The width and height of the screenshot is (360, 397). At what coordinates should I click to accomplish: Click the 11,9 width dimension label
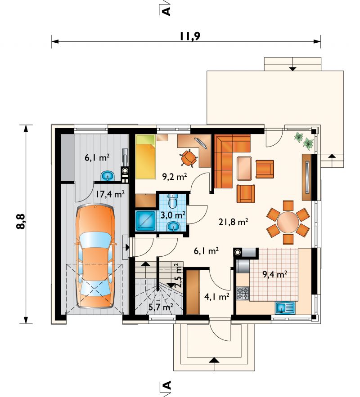click(x=190, y=36)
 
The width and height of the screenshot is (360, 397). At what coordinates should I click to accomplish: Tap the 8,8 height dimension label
click(x=21, y=222)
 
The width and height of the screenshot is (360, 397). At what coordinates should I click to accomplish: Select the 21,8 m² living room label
click(x=233, y=222)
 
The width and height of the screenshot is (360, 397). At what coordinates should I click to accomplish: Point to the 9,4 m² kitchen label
click(x=274, y=274)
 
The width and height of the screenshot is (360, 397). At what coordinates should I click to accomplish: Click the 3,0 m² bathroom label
click(x=173, y=215)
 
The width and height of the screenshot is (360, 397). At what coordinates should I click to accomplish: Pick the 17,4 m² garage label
click(x=110, y=194)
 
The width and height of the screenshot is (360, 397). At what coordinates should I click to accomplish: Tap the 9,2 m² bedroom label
click(x=175, y=176)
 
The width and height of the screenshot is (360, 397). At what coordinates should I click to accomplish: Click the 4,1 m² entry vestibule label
click(x=217, y=296)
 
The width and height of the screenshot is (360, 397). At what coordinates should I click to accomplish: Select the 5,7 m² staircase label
click(x=161, y=308)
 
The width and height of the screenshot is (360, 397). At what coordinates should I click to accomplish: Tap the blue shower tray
click(x=145, y=221)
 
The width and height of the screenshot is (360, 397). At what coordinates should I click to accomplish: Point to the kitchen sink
click(x=285, y=308)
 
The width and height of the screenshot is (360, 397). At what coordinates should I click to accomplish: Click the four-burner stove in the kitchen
click(x=243, y=293)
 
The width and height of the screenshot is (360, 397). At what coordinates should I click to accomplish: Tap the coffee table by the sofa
click(x=244, y=168)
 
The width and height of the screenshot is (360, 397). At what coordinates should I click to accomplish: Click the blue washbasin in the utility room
click(x=108, y=176)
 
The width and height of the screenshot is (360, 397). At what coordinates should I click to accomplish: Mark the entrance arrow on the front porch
click(x=214, y=360)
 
